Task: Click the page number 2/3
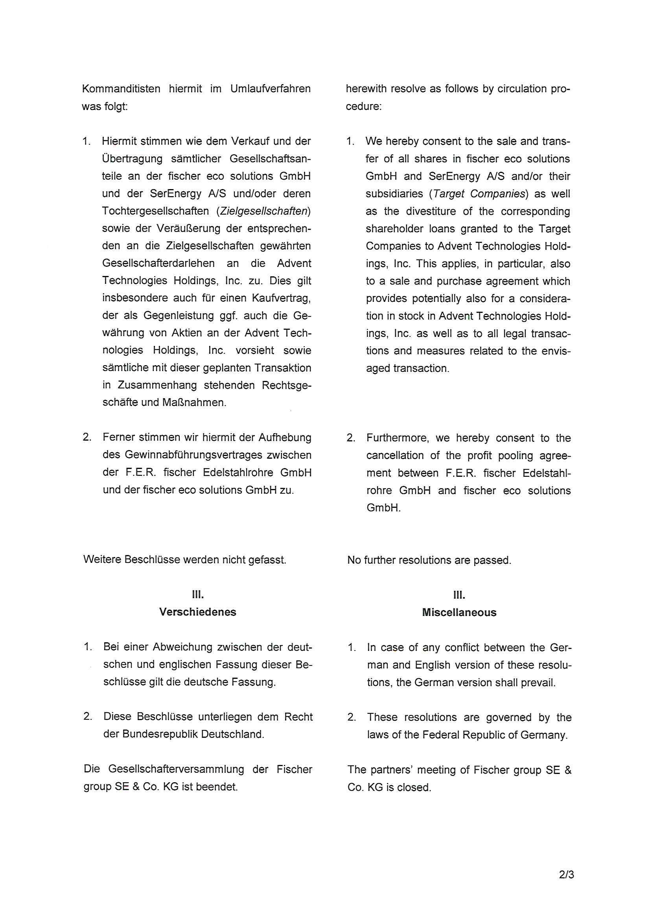pyautogui.click(x=566, y=875)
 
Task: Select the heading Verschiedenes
pyautogui.click(x=197, y=612)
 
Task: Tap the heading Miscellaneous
pyautogui.click(x=459, y=612)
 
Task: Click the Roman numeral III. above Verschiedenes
pyautogui.click(x=197, y=594)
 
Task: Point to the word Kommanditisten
pyautogui.click(x=121, y=88)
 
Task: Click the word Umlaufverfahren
pyautogui.click(x=270, y=88)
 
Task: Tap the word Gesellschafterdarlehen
pyautogui.click(x=158, y=263)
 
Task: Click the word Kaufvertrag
pyautogui.click(x=281, y=298)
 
